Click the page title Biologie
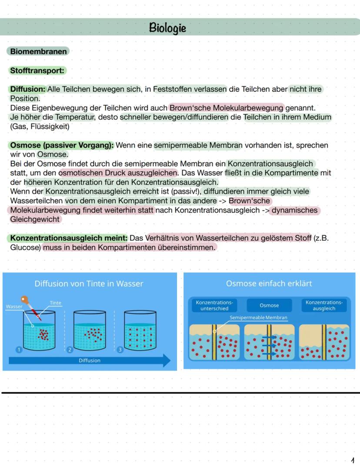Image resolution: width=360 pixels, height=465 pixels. [167, 28]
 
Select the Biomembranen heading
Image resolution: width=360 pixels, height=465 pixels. [38, 52]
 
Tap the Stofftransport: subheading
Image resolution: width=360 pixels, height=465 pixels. [37, 70]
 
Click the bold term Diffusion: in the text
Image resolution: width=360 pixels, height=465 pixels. [27, 89]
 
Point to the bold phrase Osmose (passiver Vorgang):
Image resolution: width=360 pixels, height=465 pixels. [61, 145]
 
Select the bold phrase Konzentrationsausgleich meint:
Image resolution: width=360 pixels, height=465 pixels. [69, 238]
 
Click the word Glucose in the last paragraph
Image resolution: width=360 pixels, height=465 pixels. [25, 248]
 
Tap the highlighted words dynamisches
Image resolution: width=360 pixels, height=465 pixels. [296, 211]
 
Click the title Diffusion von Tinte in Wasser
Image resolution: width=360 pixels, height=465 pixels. [89, 284]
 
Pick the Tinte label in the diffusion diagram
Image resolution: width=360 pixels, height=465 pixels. [55, 303]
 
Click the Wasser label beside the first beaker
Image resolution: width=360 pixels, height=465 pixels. [14, 307]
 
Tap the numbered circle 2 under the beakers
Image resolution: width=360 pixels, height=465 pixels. [69, 349]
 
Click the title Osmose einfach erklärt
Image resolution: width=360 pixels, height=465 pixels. [269, 284]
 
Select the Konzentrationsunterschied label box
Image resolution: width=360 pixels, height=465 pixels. [214, 305]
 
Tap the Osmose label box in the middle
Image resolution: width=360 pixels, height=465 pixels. [269, 305]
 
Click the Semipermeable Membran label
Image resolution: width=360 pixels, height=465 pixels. [258, 318]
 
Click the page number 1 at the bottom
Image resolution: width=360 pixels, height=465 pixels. [353, 459]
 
